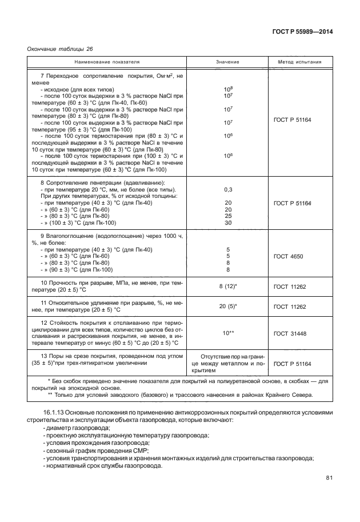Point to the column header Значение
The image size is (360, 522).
point(227,61)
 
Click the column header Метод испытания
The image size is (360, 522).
point(299,61)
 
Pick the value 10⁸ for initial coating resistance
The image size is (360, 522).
point(227,89)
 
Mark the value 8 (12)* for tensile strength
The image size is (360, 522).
point(228,286)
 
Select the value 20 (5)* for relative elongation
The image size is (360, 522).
point(228,306)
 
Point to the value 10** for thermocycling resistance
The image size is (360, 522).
point(228,332)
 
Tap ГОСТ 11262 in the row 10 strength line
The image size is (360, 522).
point(290,286)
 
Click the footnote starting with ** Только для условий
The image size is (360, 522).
point(182,395)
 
